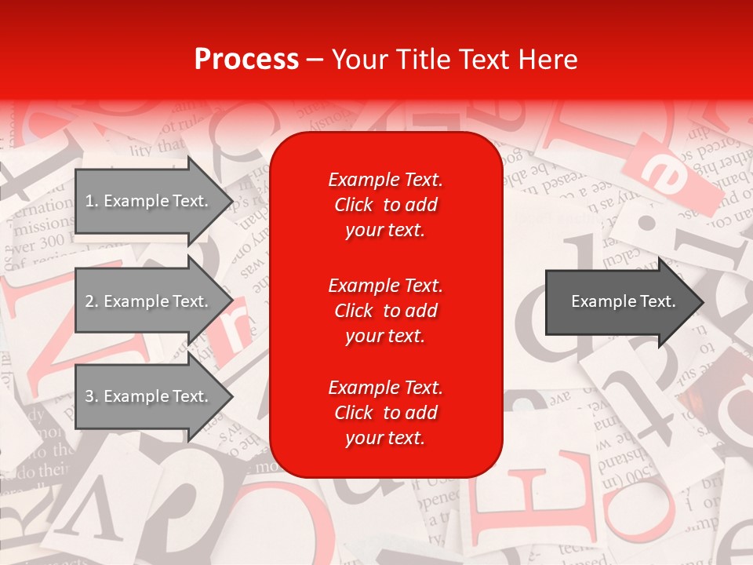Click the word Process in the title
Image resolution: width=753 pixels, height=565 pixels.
246,60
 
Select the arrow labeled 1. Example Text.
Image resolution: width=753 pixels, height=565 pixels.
149,201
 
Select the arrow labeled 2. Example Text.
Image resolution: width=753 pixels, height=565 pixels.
149,301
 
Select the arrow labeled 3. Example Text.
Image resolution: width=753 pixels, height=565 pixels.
149,396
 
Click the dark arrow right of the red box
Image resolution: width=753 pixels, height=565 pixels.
620,302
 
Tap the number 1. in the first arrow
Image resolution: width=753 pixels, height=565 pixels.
92,201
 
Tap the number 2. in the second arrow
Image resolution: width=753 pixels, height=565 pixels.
92,301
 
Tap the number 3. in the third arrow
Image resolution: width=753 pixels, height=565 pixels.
92,396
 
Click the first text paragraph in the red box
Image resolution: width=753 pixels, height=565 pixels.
385,205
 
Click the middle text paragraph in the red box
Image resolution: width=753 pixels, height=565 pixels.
385,311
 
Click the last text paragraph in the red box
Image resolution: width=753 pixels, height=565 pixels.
385,413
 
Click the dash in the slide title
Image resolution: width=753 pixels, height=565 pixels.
315,60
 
